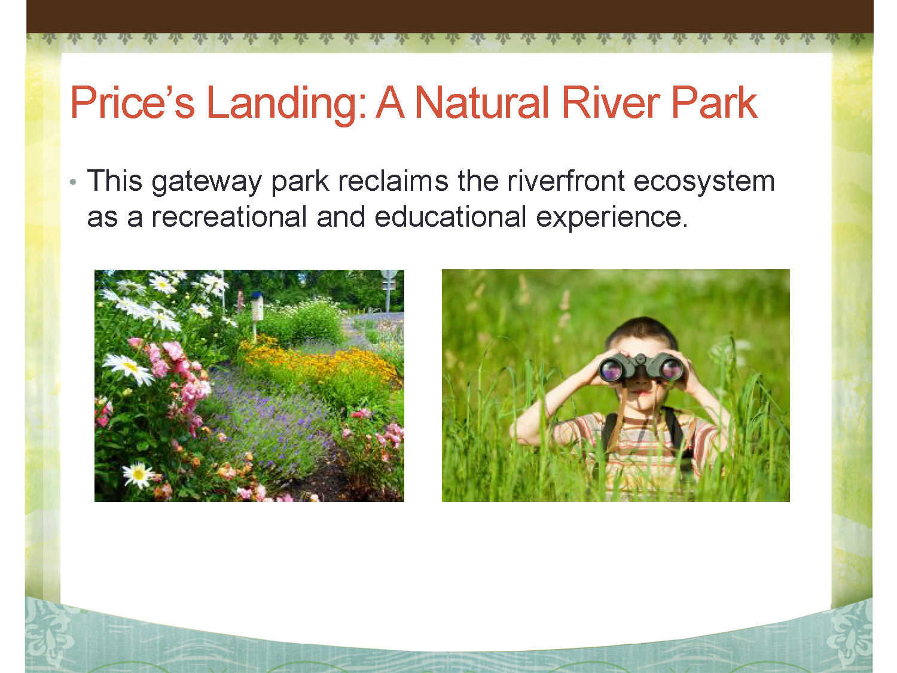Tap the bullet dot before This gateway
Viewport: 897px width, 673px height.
click(73, 182)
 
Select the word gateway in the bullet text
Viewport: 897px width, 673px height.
click(206, 182)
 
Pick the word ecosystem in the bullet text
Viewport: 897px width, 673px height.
click(704, 182)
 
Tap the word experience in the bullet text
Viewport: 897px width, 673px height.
click(612, 218)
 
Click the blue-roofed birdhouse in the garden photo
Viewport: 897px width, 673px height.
click(256, 306)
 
